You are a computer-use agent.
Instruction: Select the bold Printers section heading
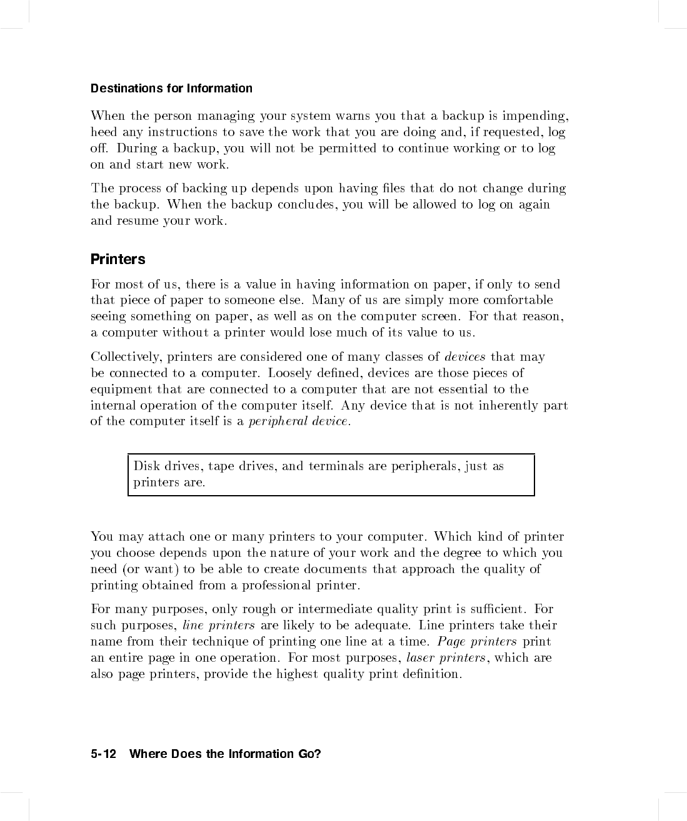pyautogui.click(x=118, y=259)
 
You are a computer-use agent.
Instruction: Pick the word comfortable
pyautogui.click(x=518, y=300)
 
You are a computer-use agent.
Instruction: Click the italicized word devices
pyautogui.click(x=465, y=357)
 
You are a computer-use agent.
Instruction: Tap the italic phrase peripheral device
pyautogui.click(x=299, y=421)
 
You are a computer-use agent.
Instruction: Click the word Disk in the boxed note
pyautogui.click(x=146, y=466)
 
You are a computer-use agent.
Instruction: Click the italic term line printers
pyautogui.click(x=219, y=626)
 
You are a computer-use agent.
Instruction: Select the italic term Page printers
pyautogui.click(x=477, y=642)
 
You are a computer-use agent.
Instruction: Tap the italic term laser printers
pyautogui.click(x=446, y=658)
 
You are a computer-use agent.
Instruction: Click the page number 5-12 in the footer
pyautogui.click(x=104, y=754)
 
